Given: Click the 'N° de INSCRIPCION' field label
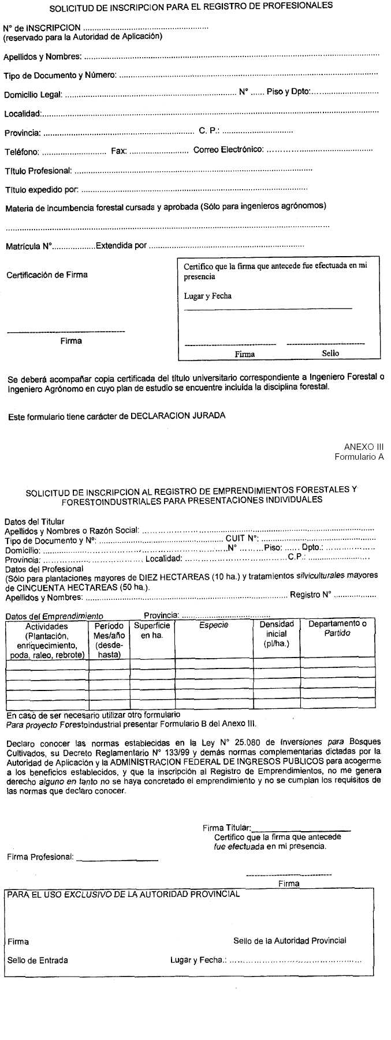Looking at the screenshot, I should click(42, 28).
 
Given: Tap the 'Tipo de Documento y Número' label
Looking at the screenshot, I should click(60, 76).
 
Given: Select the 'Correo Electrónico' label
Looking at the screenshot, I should click(228, 150).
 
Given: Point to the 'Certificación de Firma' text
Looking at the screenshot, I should click(47, 275).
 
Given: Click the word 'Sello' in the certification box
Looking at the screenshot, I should click(330, 353).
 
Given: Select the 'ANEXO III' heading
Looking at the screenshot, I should click(363, 447).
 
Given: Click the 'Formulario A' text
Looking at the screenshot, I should click(359, 457).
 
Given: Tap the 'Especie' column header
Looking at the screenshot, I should click(213, 625).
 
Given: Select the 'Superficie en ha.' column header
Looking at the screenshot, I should click(152, 630).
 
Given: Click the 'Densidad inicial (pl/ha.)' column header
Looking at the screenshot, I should click(276, 634).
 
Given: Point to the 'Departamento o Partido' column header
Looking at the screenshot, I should click(337, 629).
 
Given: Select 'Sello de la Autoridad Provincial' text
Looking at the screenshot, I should click(289, 941).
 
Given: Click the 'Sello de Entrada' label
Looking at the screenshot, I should click(38, 960).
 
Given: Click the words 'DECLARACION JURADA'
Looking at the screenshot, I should click(177, 416).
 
